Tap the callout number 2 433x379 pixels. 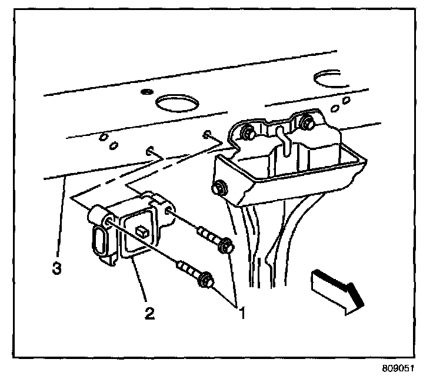(x=149, y=312)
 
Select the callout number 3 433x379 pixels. (x=56, y=269)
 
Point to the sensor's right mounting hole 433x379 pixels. (x=168, y=211)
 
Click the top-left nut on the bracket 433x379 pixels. (x=247, y=132)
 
